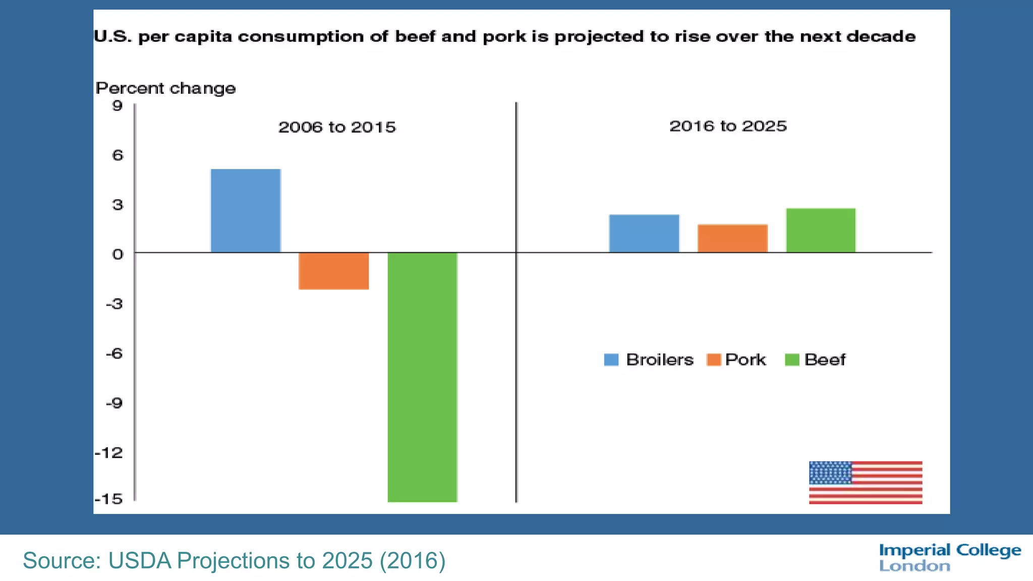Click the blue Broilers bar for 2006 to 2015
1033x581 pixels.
(x=246, y=211)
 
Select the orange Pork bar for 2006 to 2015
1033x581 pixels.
(x=333, y=271)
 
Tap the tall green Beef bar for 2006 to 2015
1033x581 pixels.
(x=422, y=377)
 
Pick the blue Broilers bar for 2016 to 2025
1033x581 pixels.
(x=644, y=234)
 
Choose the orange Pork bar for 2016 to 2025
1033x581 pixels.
(x=732, y=239)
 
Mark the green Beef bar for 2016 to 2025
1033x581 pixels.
(x=821, y=230)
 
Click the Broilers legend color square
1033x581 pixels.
(x=611, y=360)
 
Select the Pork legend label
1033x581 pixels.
(x=745, y=360)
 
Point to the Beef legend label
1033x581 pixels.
(x=825, y=360)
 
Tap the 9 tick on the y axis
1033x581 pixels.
(x=118, y=105)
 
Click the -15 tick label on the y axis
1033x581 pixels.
(x=109, y=499)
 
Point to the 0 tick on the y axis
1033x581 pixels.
(x=118, y=254)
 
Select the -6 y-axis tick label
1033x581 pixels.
(x=114, y=353)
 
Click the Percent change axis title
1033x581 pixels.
(x=165, y=88)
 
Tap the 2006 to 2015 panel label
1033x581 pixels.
(x=337, y=127)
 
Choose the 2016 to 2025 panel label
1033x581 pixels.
(x=728, y=126)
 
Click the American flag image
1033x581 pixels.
(x=866, y=482)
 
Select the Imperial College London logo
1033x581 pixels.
(x=950, y=557)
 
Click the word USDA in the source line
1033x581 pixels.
(x=140, y=561)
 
